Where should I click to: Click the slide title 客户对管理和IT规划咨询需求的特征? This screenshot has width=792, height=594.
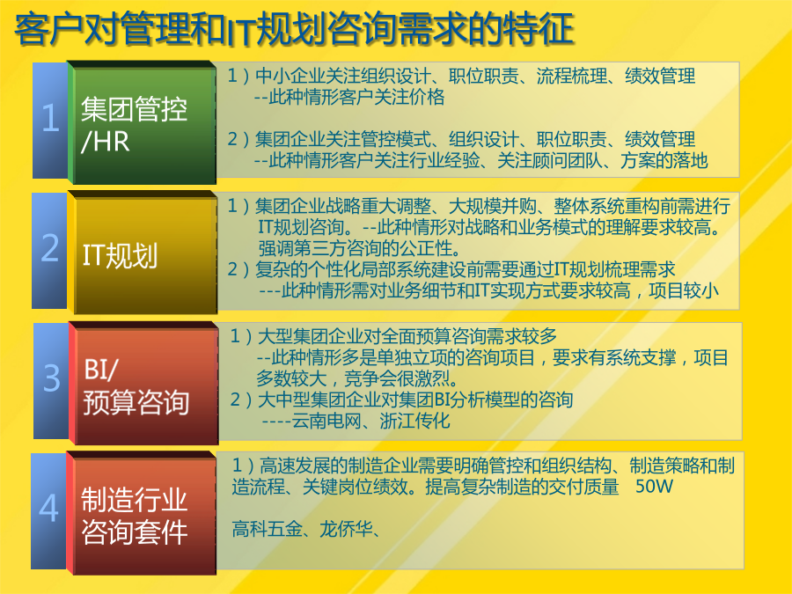(x=295, y=29)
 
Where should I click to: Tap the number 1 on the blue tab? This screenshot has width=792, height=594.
(x=50, y=118)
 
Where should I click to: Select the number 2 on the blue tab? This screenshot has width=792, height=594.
(x=50, y=247)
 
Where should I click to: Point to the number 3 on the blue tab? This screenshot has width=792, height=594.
(x=52, y=378)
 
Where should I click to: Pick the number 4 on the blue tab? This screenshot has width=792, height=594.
(x=48, y=508)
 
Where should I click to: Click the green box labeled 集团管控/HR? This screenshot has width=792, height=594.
(x=142, y=122)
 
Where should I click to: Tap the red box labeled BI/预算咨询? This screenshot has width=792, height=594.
(x=143, y=383)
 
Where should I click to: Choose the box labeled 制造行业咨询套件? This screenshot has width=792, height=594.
(x=142, y=513)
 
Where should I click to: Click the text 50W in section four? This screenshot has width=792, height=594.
(x=654, y=487)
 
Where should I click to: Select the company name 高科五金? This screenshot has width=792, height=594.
(x=268, y=529)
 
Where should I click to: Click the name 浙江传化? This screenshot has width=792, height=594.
(x=414, y=421)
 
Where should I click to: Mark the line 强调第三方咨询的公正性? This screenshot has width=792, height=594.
(x=359, y=248)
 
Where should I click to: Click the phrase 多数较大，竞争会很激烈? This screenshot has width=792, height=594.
(x=356, y=378)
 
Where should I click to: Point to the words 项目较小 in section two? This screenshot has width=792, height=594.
(x=684, y=290)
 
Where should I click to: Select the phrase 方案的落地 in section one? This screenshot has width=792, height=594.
(x=664, y=160)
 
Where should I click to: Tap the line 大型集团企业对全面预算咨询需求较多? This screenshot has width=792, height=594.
(x=407, y=336)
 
